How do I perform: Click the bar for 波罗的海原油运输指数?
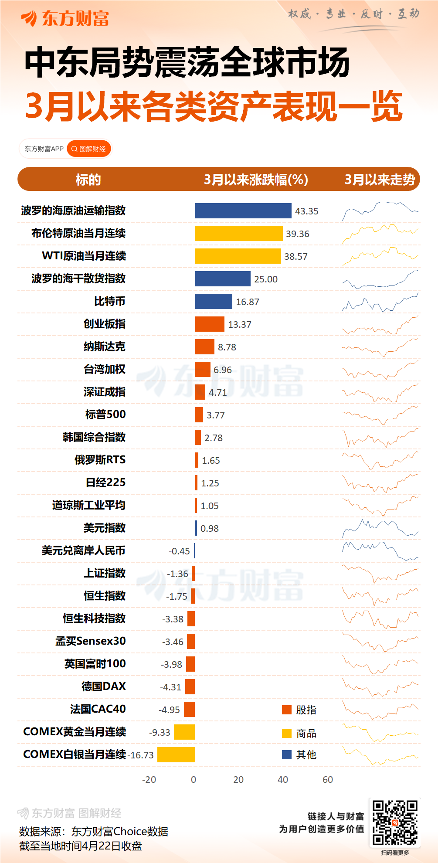click(243, 211)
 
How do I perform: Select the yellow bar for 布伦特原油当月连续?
click(238, 234)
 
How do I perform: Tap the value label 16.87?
click(248, 302)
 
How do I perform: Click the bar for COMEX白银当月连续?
click(176, 755)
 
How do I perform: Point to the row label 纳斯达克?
click(105, 347)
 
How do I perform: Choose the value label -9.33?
click(160, 732)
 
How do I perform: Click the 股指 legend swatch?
click(287, 710)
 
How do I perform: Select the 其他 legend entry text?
click(306, 755)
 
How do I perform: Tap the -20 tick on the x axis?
click(149, 780)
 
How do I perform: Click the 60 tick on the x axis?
click(328, 780)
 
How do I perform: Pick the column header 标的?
click(88, 180)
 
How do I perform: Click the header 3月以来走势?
click(380, 180)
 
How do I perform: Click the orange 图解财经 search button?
click(89, 149)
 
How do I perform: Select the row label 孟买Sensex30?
click(91, 641)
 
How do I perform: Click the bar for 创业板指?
click(210, 324)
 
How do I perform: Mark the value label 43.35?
click(307, 211)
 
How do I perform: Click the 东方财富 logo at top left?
click(65, 19)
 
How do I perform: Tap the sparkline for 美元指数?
click(380, 528)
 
